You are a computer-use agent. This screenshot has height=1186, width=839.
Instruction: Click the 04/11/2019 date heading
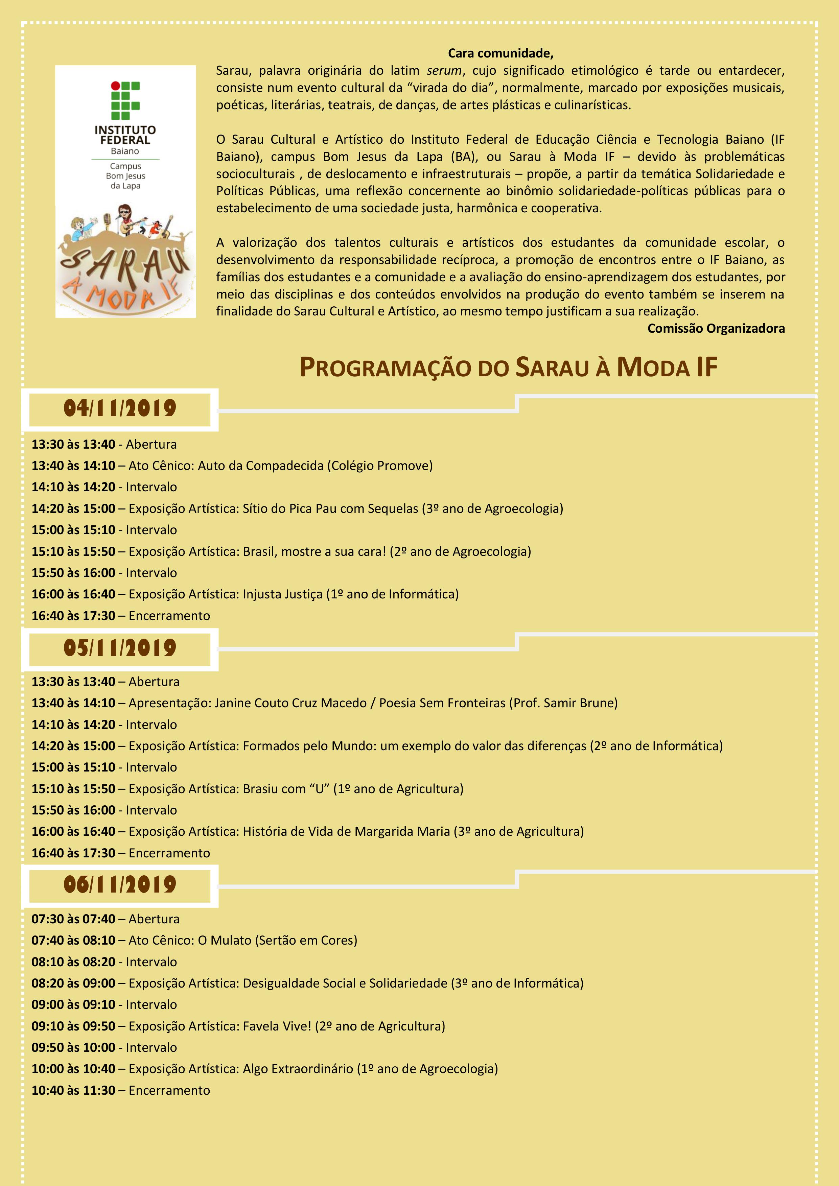[120, 409]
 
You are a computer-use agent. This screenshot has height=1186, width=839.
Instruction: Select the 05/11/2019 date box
[120, 648]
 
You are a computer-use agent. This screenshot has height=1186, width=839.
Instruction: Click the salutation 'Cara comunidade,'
[500, 53]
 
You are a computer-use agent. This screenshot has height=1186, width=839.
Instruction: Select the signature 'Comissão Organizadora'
[716, 329]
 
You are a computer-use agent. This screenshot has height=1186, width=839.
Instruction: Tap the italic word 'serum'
[444, 71]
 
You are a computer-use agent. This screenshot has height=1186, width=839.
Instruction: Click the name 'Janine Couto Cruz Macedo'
[290, 703]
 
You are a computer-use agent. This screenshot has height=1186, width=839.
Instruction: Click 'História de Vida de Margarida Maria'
[346, 832]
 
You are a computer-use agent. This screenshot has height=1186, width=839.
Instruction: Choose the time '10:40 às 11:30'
[73, 1090]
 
